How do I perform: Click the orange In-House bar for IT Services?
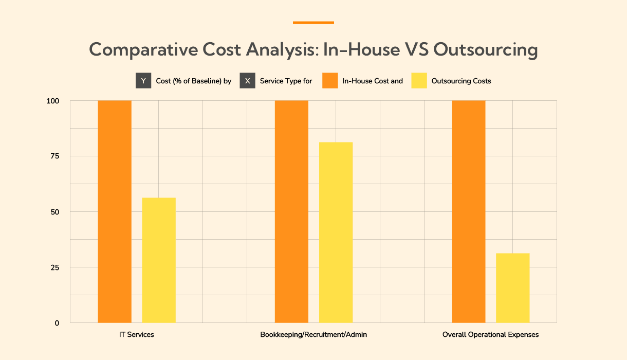coord(115,211)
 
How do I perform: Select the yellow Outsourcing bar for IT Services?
coord(159,260)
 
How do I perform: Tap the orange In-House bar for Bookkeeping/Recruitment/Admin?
coord(291,211)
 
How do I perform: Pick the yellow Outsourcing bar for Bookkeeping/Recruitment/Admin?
coord(336,232)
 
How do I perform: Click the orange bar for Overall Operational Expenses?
coord(468,211)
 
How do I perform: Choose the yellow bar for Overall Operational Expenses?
coord(512,288)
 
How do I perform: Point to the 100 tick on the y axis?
coord(53,101)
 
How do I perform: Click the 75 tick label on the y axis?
coord(54,156)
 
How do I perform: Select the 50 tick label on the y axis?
coord(54,212)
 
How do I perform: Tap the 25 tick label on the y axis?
coord(54,267)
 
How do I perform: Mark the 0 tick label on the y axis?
coord(57,323)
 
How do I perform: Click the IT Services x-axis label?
coord(136,335)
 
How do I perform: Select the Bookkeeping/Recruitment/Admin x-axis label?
coord(314,335)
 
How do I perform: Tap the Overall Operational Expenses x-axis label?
coord(490,335)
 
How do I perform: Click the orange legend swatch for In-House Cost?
coord(330,81)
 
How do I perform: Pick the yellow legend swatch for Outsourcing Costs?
coord(419,81)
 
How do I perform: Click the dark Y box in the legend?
coord(143,81)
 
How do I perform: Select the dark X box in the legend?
coord(247,81)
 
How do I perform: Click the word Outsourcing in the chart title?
coord(486,50)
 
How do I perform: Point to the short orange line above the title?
coord(314,23)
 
